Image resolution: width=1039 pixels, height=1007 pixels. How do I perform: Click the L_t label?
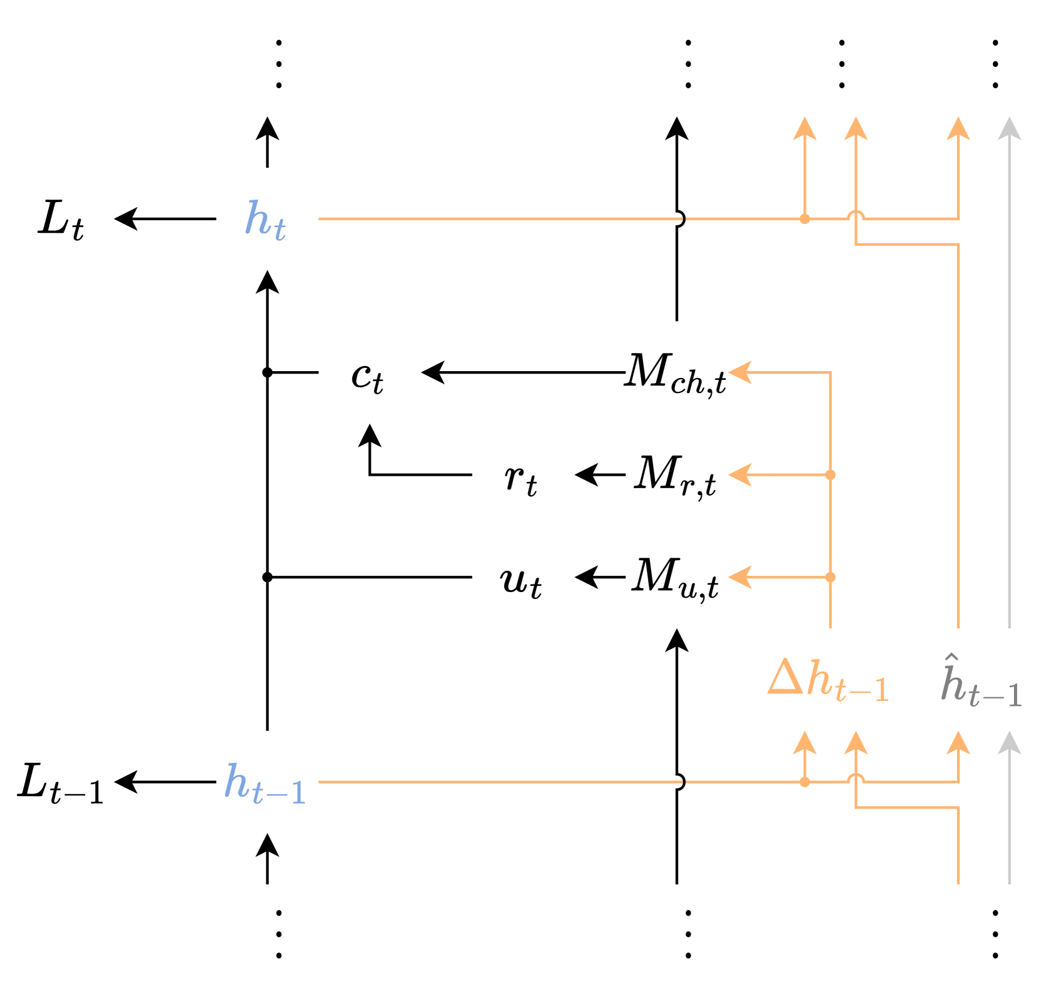(x=61, y=220)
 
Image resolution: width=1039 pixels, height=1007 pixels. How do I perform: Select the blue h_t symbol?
(x=266, y=220)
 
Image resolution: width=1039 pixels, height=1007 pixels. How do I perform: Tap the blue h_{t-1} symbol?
(x=265, y=784)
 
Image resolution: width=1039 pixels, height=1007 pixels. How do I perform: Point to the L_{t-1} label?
(x=60, y=784)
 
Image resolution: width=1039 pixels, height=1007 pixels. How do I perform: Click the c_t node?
(x=367, y=376)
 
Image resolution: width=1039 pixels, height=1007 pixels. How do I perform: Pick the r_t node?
(x=520, y=479)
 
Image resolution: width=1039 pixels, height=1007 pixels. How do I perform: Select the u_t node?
(x=520, y=580)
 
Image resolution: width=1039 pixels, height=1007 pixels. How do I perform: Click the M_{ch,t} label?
(x=676, y=374)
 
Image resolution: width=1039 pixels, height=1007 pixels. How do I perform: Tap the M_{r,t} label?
(x=676, y=476)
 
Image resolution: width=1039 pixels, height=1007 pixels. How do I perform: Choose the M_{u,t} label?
(x=676, y=578)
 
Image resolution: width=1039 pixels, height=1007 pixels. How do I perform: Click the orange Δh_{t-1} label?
(x=828, y=680)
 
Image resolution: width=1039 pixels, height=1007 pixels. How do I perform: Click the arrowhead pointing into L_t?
(x=124, y=219)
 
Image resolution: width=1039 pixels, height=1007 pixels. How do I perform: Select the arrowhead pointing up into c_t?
(x=370, y=434)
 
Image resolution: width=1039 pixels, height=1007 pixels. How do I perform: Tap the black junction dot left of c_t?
(x=267, y=372)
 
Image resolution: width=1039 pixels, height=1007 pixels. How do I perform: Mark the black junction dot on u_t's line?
(x=267, y=577)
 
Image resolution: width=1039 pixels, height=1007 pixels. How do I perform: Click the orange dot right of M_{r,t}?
(x=830, y=475)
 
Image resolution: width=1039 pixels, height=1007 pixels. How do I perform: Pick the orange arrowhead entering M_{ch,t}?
(x=740, y=372)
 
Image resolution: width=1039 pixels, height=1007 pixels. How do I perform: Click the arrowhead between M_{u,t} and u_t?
(x=585, y=577)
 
